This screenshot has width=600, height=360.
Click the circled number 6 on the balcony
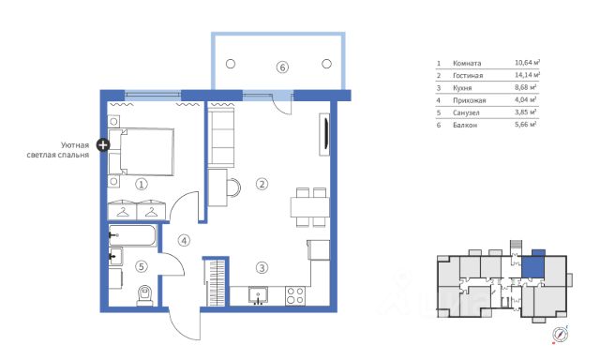[x=282, y=67]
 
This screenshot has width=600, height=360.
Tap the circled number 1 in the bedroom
[x=142, y=185]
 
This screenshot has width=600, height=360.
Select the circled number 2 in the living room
[x=262, y=184]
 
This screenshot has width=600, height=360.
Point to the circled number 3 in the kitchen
[x=262, y=268]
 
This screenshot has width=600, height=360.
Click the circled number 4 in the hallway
[x=184, y=241]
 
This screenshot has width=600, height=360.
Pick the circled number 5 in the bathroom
[x=142, y=266]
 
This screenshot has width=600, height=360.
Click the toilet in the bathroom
[x=145, y=295]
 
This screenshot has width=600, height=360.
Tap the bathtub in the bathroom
[x=132, y=235]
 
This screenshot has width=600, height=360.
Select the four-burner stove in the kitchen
[x=295, y=296]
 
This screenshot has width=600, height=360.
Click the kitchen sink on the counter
[x=259, y=295]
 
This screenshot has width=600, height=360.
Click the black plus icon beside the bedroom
[x=102, y=145]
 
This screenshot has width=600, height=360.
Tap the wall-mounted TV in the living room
[x=325, y=134]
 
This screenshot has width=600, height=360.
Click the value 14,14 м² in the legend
[x=527, y=75]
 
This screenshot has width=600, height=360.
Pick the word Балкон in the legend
[x=465, y=125]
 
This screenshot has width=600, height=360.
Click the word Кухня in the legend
[x=462, y=88]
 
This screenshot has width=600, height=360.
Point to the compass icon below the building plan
[x=561, y=334]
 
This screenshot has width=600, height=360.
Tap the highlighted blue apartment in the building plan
[x=533, y=267]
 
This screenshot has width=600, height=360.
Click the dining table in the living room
[x=310, y=207]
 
